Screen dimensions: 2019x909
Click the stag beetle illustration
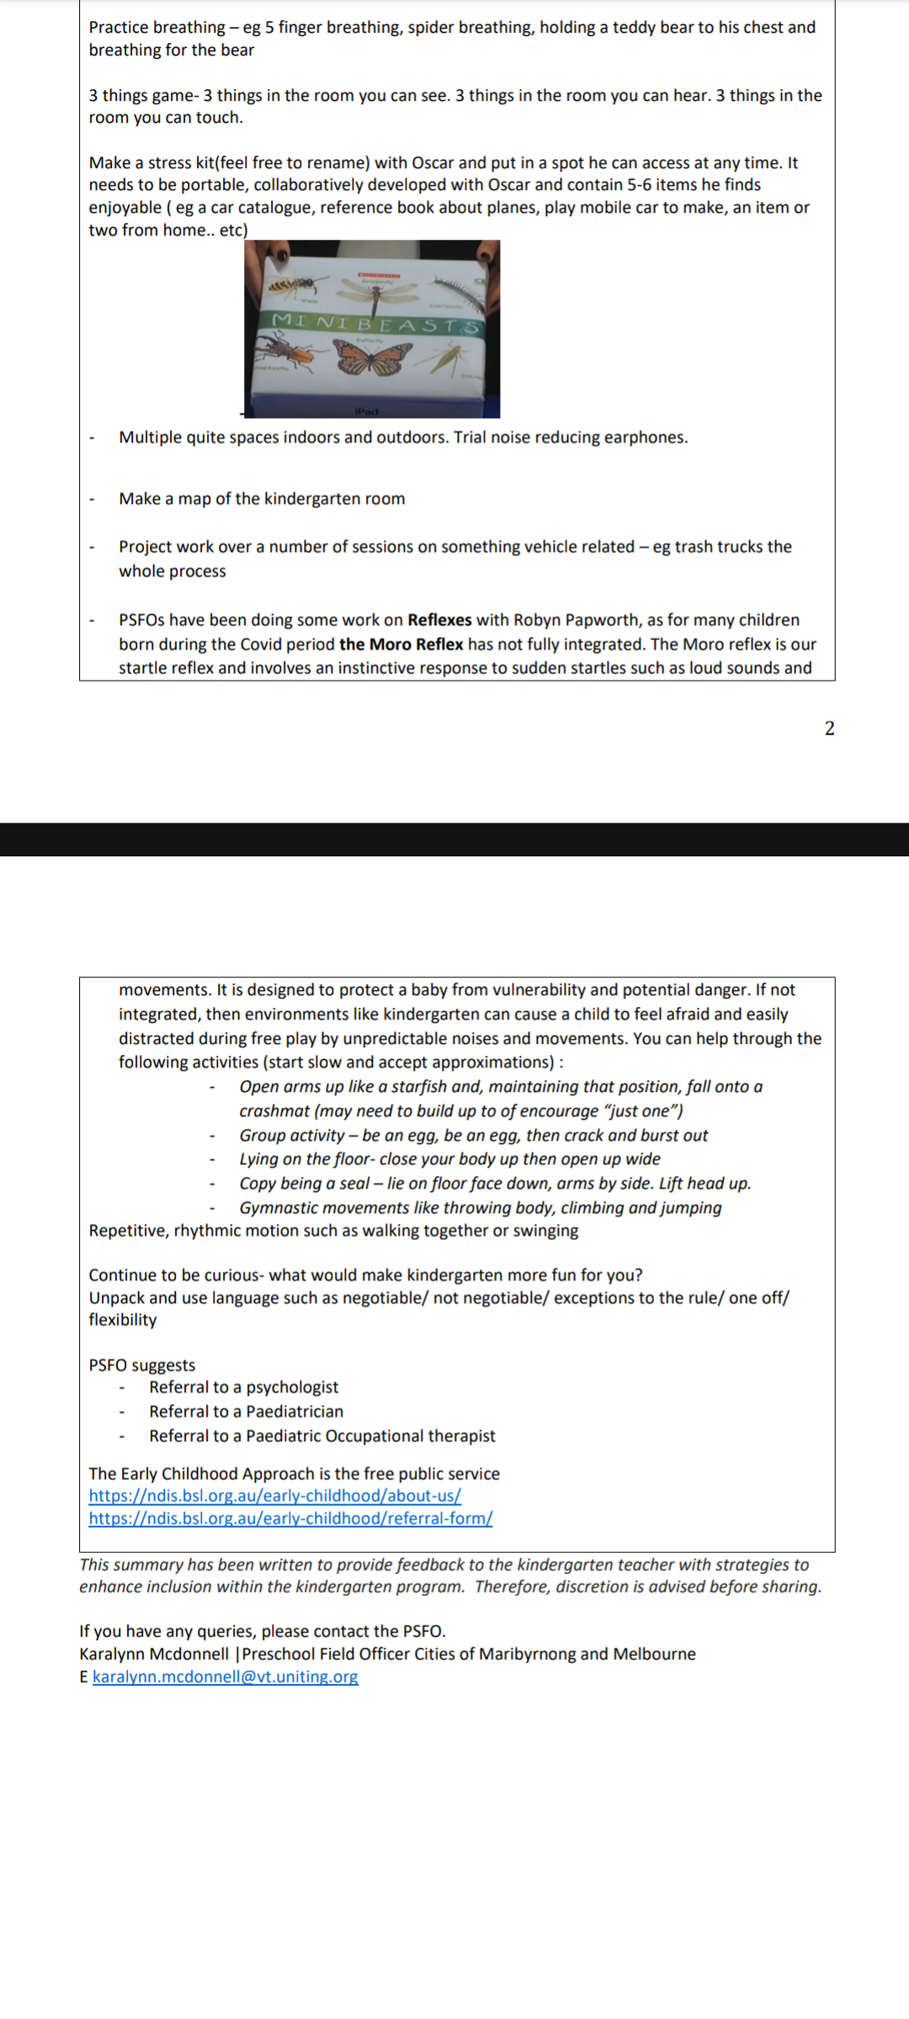click(284, 350)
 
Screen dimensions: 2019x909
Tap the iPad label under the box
click(366, 411)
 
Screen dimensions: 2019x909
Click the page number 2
click(829, 729)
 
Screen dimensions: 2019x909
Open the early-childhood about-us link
click(274, 1496)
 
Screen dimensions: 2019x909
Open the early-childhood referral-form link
click(290, 1518)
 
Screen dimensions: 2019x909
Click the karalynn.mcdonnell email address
click(225, 1677)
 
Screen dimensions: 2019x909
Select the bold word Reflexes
click(439, 620)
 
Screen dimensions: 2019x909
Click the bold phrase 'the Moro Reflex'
click(401, 644)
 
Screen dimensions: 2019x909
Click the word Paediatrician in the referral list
click(295, 1412)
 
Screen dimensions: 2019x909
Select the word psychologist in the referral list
click(292, 1387)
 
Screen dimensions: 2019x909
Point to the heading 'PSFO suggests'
click(141, 1365)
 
